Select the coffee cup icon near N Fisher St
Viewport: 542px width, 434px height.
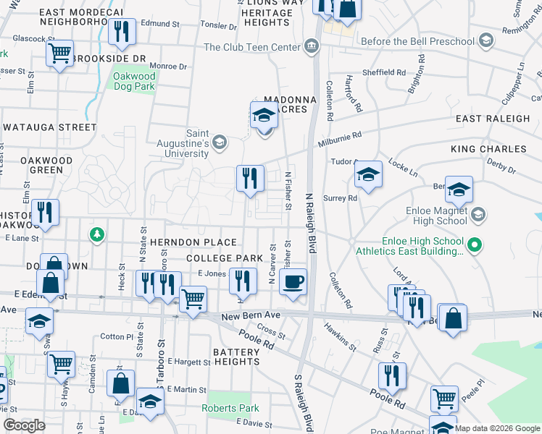tap(293, 281)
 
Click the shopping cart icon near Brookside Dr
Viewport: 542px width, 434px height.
tap(59, 53)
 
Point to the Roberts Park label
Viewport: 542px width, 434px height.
tap(230, 408)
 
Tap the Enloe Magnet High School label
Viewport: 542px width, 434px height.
tap(433, 215)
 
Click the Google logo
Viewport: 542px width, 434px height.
tap(24, 425)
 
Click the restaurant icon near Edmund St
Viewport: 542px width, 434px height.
tap(121, 31)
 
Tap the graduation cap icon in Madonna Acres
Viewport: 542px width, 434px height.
tap(264, 115)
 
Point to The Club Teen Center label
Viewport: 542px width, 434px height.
tap(251, 47)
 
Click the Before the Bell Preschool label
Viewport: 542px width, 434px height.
tap(417, 42)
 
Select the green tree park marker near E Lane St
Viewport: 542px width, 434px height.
tap(96, 234)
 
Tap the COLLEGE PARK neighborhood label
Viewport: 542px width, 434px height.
tap(224, 258)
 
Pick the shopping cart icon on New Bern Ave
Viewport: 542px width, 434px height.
tap(192, 297)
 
